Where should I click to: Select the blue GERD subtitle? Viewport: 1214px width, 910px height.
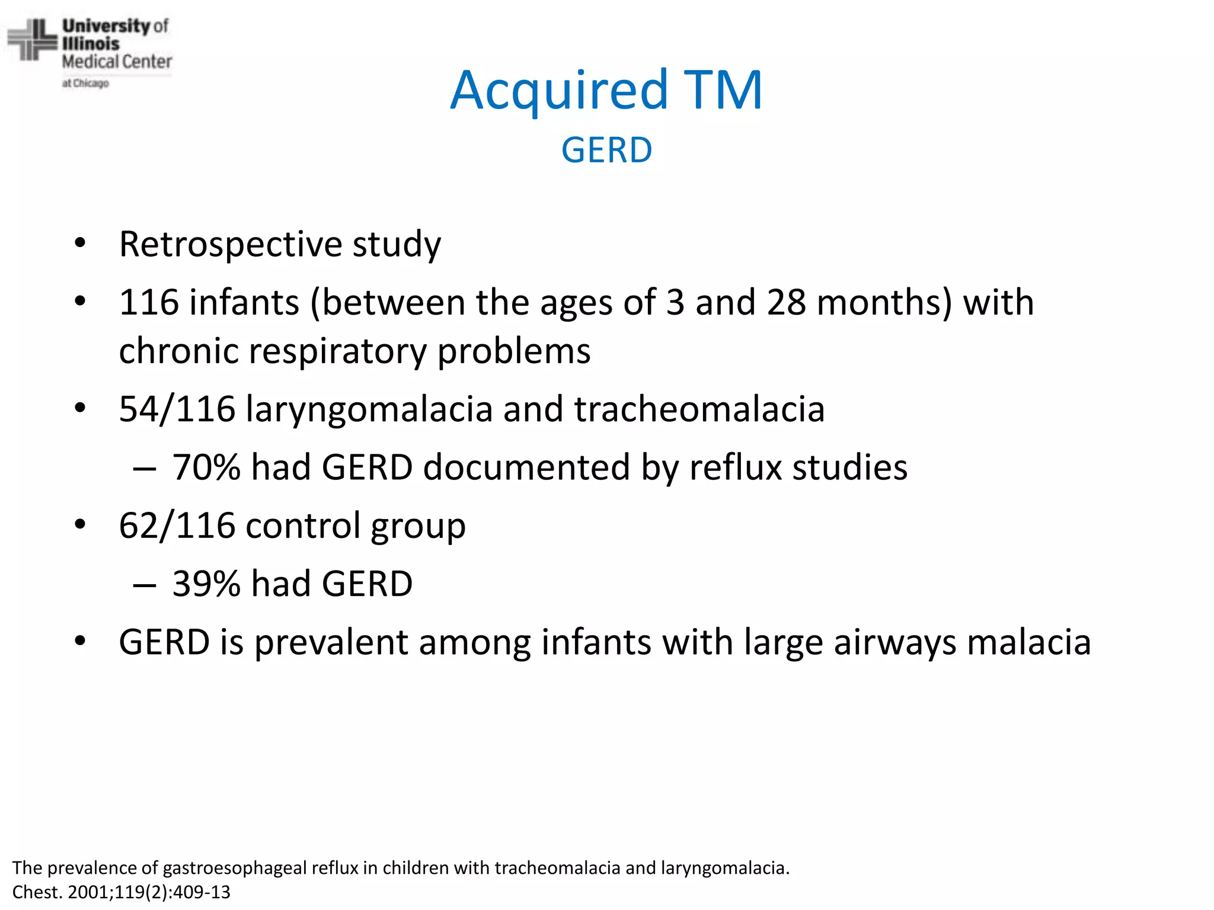coord(606,150)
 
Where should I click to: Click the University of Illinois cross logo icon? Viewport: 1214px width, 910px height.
coord(32,40)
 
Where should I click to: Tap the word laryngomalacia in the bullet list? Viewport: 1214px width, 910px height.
coord(369,409)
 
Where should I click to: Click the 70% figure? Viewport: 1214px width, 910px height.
coord(206,467)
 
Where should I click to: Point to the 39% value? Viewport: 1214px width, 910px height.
coord(206,584)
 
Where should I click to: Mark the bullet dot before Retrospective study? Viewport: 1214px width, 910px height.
coord(81,243)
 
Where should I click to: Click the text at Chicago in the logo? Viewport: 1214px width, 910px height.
coord(86,84)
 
